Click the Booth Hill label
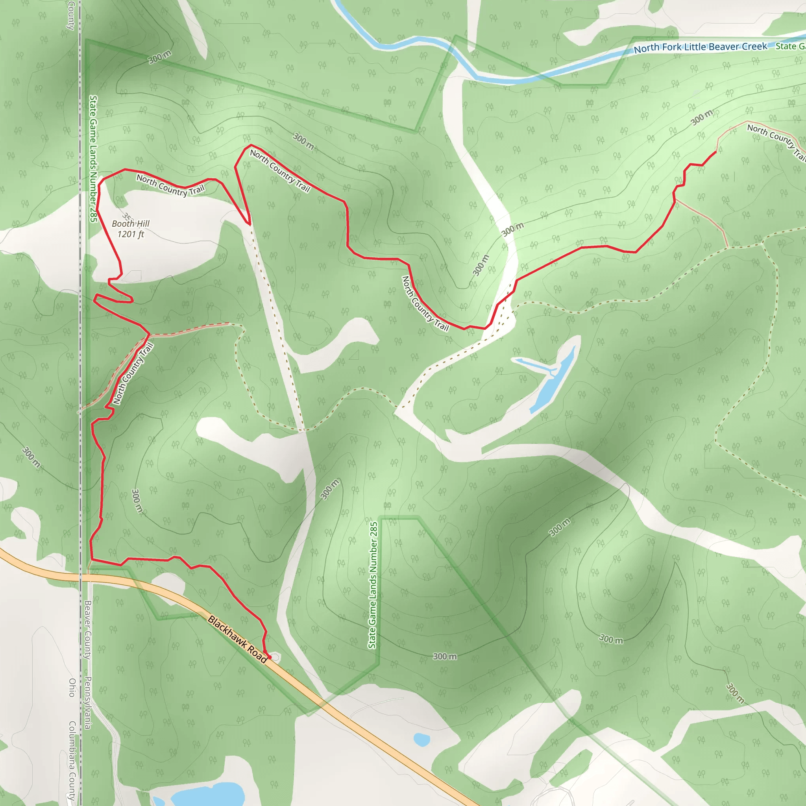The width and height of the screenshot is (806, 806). pyautogui.click(x=130, y=224)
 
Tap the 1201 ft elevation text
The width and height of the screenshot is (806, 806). pyautogui.click(x=130, y=234)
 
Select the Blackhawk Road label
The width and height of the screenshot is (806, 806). pyautogui.click(x=237, y=639)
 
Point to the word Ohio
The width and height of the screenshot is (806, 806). pyautogui.click(x=72, y=688)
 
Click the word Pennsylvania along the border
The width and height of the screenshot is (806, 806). pyautogui.click(x=88, y=703)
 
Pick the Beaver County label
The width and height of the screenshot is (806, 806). pyautogui.click(x=88, y=630)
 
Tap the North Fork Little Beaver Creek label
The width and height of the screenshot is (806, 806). pyautogui.click(x=700, y=47)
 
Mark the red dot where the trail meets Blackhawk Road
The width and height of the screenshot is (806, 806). pyautogui.click(x=270, y=657)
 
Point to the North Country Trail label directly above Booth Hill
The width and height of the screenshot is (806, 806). pyautogui.click(x=171, y=185)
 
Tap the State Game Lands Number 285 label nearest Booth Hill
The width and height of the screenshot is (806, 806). pyautogui.click(x=93, y=159)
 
